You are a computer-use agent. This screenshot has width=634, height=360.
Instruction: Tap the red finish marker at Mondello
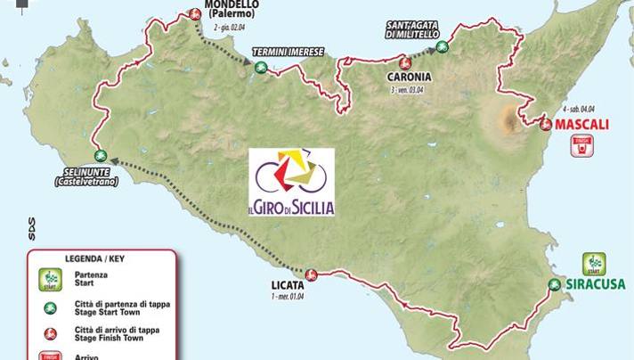(195, 13)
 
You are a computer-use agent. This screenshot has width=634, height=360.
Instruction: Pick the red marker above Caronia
(404, 62)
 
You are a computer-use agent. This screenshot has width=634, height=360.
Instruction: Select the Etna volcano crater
(509, 117)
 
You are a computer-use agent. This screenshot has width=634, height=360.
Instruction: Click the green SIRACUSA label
(596, 285)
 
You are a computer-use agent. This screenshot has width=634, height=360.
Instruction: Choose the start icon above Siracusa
(594, 264)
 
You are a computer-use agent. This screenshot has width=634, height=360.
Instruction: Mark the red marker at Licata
(311, 274)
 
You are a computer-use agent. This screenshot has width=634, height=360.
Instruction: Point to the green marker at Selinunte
(98, 154)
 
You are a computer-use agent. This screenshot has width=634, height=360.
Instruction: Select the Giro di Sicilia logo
(291, 183)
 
